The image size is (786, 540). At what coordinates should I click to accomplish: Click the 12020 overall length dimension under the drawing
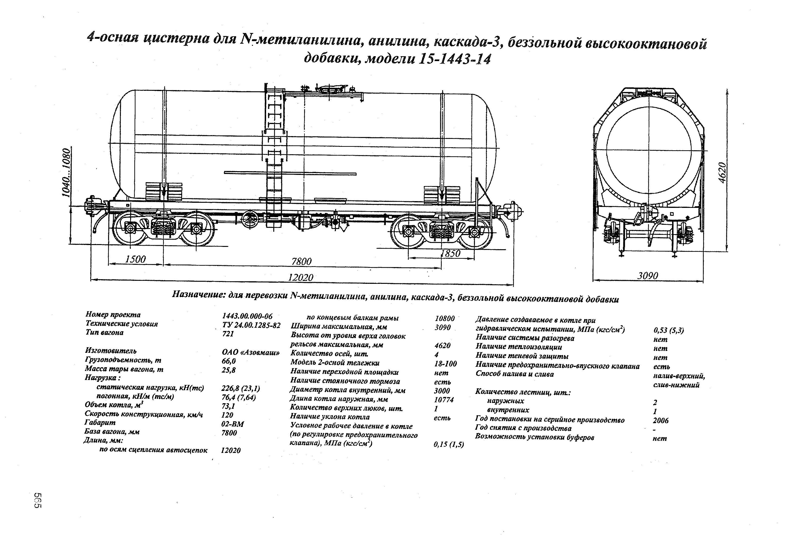pos(300,278)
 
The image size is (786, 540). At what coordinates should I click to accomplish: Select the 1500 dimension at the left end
pos(135,259)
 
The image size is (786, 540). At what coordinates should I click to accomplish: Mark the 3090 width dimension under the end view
pos(648,276)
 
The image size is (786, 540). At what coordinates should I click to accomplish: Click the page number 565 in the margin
pos(38,500)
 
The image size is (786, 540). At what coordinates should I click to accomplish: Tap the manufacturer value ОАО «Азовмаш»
pos(251,352)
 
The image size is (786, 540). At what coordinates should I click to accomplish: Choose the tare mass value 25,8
pos(228,370)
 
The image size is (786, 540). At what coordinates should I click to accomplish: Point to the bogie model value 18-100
pos(445,364)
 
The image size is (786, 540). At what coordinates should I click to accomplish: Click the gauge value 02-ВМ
pos(232,424)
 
